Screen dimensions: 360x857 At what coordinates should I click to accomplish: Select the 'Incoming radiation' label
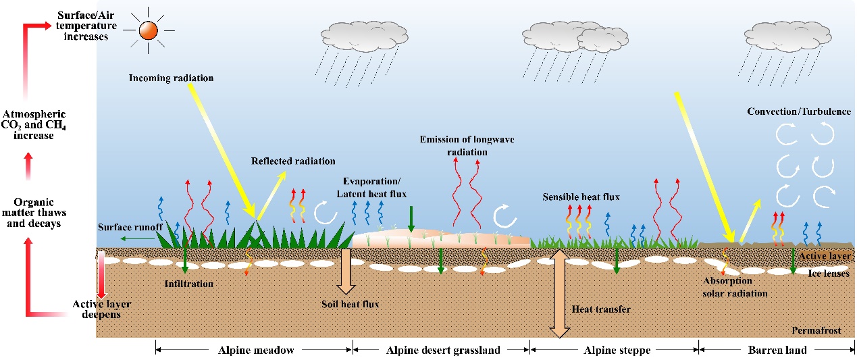click(172, 78)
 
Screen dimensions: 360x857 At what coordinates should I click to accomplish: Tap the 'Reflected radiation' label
click(293, 161)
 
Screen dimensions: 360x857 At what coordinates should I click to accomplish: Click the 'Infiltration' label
click(189, 284)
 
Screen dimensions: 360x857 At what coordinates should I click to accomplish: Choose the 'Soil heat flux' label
click(350, 304)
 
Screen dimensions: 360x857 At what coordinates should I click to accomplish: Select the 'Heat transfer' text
click(601, 309)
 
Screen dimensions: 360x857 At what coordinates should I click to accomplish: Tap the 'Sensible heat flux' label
click(581, 197)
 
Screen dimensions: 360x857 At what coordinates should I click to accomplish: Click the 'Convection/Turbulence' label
click(799, 111)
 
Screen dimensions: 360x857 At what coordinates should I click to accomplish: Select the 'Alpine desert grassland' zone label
click(442, 350)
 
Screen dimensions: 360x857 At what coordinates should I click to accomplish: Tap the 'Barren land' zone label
click(777, 350)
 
